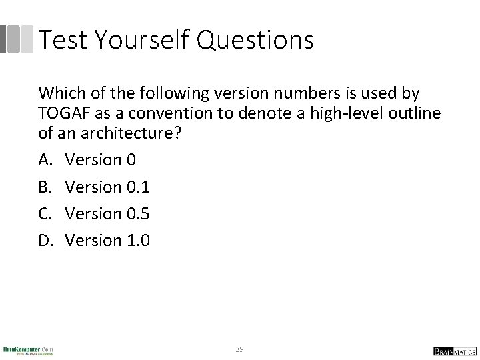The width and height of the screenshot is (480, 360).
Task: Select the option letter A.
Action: [x=44, y=161]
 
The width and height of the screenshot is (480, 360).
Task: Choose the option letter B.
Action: [x=44, y=187]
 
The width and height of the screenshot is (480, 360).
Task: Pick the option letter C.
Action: [x=44, y=214]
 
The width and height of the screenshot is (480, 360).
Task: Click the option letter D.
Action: [x=45, y=241]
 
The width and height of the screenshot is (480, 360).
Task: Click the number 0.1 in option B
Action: [x=137, y=187]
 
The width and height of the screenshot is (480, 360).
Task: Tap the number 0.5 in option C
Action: [x=137, y=214]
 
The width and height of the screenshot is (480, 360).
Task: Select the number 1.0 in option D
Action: [x=137, y=241]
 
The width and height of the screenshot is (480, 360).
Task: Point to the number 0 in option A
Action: [x=129, y=161]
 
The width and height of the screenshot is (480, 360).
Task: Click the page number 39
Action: [x=240, y=349]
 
